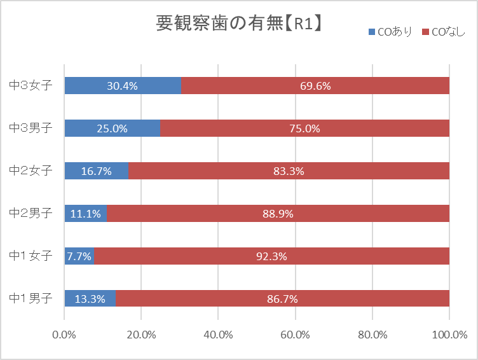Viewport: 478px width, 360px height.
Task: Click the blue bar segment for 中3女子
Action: pyautogui.click(x=123, y=85)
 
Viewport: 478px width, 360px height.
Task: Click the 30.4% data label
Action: pyautogui.click(x=123, y=85)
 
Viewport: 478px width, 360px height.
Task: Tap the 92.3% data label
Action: pyautogui.click(x=271, y=256)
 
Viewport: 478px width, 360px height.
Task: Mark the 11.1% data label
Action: pyautogui.click(x=85, y=214)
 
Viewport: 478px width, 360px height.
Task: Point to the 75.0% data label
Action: pyautogui.click(x=304, y=128)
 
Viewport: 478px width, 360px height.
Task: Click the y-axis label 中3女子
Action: pyautogui.click(x=31, y=85)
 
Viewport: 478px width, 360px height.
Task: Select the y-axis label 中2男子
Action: pyautogui.click(x=31, y=213)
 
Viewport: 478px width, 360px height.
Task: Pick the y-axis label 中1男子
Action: pyautogui.click(x=31, y=298)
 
